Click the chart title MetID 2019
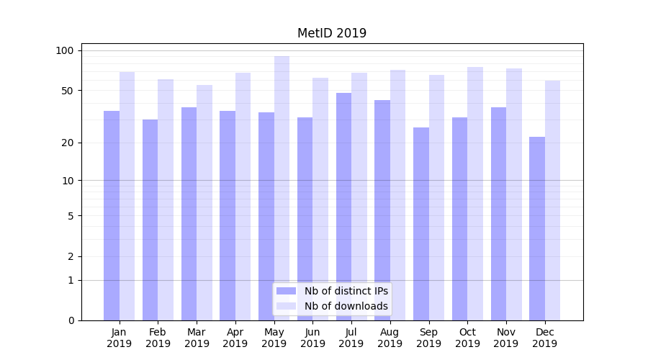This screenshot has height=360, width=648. tap(332, 33)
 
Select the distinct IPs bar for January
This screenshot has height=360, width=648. tap(112, 215)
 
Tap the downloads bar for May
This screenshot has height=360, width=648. tap(282, 188)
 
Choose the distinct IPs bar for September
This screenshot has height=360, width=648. tap(421, 224)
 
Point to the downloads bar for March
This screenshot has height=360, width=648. tap(204, 202)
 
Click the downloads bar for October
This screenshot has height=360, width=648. tap(475, 194)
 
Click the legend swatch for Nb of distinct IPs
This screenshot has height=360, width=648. tap(287, 291)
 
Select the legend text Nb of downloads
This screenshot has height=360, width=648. tap(346, 306)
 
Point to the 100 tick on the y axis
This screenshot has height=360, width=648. tap(65, 50)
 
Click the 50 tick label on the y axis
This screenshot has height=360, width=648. tap(67, 91)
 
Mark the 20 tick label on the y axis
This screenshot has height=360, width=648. tap(67, 143)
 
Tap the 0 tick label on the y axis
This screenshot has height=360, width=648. tap(71, 320)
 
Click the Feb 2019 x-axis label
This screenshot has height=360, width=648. tap(158, 338)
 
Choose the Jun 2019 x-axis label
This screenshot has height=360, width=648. tap(312, 338)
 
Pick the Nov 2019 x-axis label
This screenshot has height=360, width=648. tap(505, 338)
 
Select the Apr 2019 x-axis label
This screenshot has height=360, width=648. tap(235, 338)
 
